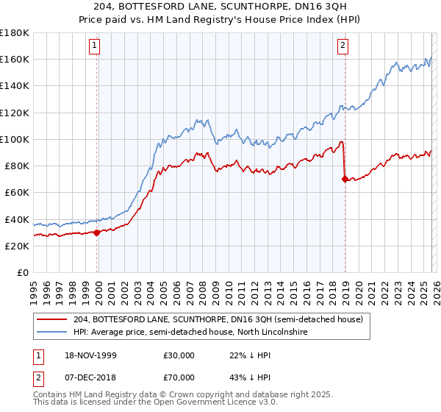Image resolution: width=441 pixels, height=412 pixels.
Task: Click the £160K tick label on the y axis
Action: click(x=15, y=59)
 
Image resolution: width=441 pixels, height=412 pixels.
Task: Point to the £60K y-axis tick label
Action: click(x=17, y=192)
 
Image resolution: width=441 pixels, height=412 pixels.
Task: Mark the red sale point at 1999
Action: click(x=97, y=232)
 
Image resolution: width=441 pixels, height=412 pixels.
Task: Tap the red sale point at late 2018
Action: click(x=345, y=179)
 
